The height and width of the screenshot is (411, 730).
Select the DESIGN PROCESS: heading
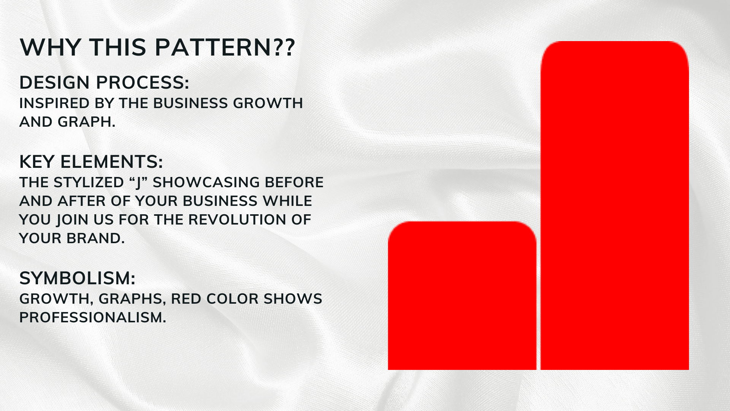click(x=104, y=83)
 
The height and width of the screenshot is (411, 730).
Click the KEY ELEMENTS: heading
click(x=91, y=162)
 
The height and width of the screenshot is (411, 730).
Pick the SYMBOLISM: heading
click(x=78, y=278)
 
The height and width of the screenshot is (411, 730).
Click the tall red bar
click(x=615, y=205)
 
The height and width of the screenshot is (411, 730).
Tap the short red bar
click(x=462, y=296)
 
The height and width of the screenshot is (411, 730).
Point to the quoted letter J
click(x=138, y=183)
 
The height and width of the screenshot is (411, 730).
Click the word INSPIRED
click(x=49, y=103)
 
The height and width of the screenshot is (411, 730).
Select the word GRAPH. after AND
click(x=86, y=122)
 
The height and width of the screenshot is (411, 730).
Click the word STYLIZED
click(x=89, y=183)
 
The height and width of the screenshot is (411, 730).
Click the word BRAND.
click(x=95, y=239)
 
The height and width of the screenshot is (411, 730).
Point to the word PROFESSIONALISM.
click(x=93, y=318)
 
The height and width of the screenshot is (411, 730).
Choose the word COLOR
click(x=233, y=299)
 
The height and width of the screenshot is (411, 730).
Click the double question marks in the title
click(x=284, y=48)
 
